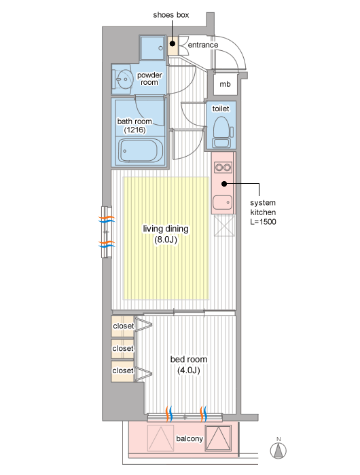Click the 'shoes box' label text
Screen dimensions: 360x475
tap(170, 15)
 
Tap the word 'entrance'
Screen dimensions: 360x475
tap(203, 45)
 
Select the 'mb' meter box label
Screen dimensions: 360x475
tap(225, 84)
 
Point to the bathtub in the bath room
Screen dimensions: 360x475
tap(141, 151)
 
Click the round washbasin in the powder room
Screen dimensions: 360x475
tap(125, 79)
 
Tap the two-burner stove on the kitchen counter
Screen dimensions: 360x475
tap(223, 167)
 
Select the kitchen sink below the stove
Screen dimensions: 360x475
tap(222, 202)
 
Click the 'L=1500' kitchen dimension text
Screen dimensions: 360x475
tap(263, 222)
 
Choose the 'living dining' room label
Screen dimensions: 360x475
tap(166, 229)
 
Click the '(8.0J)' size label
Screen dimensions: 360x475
tap(166, 240)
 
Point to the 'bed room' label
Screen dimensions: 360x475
tap(189, 359)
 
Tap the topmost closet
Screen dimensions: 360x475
tap(123, 326)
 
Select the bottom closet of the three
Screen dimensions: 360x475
tap(123, 371)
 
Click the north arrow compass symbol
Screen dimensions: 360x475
tap(278, 449)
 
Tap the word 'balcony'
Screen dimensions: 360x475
tap(190, 438)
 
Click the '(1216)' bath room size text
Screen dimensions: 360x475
tap(134, 130)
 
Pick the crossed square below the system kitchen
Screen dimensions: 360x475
tap(224, 226)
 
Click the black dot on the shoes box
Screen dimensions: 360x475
tap(173, 43)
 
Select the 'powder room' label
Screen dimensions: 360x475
tap(149, 79)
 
